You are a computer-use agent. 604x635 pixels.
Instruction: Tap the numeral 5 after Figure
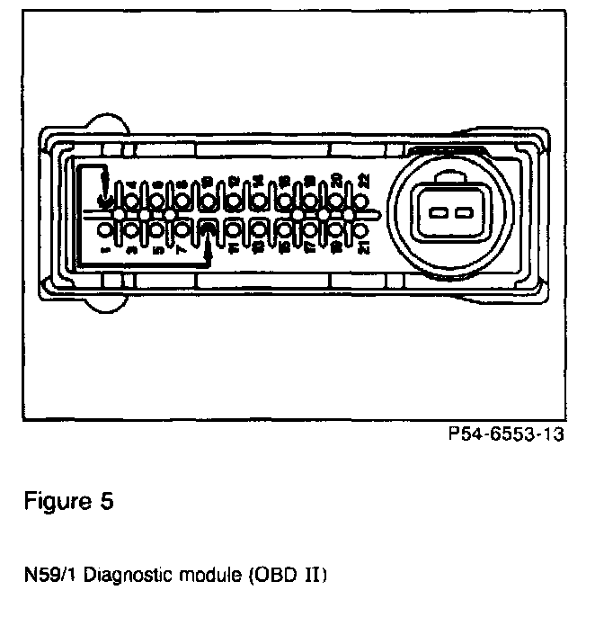[108, 501]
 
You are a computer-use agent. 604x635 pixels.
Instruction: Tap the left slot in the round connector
[440, 214]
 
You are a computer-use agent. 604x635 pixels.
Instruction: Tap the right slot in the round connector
[463, 214]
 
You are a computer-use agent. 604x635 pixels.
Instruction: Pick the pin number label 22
[364, 180]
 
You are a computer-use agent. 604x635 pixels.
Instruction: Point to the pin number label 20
[337, 180]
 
